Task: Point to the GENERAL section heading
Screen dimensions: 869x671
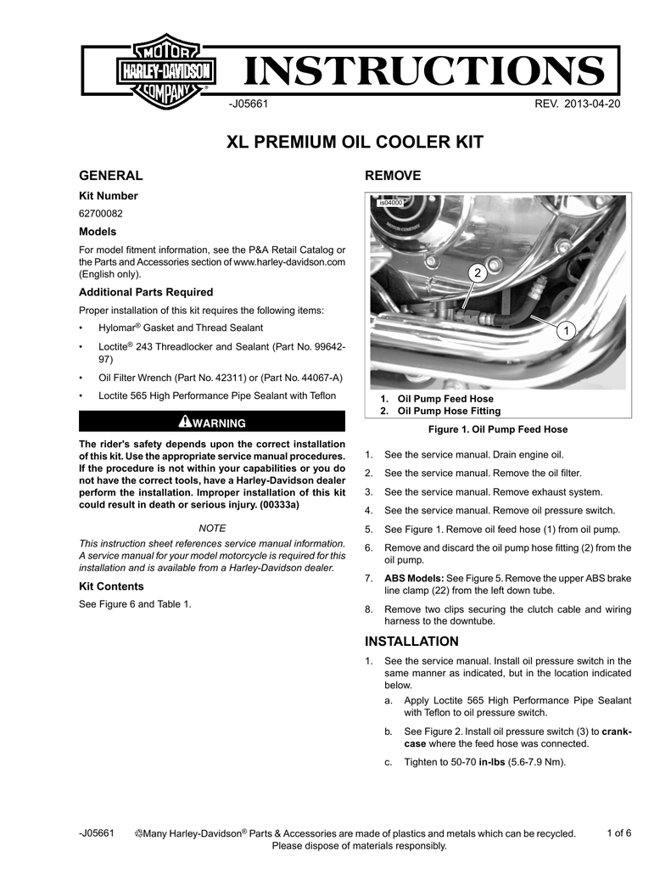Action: tap(110, 176)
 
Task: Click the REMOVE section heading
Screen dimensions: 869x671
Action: tap(392, 176)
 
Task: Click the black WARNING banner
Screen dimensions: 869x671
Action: tap(211, 422)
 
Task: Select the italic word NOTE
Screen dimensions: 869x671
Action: tap(211, 528)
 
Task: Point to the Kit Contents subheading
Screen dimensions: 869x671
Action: tap(111, 586)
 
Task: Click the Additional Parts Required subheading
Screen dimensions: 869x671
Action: tap(145, 292)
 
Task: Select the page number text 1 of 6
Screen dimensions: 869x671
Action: tap(620, 833)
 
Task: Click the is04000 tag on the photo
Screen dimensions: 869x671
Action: tap(389, 204)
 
